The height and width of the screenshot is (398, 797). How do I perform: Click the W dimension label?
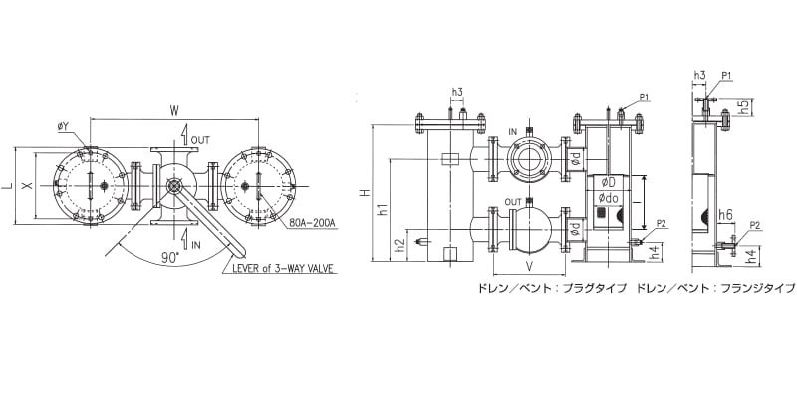(x=174, y=111)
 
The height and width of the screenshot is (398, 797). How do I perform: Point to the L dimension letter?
(x=7, y=186)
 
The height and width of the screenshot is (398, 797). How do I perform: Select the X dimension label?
(x=29, y=186)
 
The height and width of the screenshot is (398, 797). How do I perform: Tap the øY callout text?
(x=63, y=127)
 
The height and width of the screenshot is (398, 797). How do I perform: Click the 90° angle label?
(x=170, y=257)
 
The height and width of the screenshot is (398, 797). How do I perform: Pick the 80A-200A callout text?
(x=311, y=223)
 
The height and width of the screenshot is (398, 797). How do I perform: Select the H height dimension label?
(x=364, y=193)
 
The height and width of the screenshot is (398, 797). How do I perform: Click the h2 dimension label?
(x=401, y=245)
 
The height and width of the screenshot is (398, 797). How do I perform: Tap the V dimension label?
(x=529, y=266)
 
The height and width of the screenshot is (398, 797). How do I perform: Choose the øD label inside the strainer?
(x=609, y=182)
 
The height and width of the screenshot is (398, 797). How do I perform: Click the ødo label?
(x=609, y=198)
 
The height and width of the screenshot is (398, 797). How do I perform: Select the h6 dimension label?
(x=725, y=215)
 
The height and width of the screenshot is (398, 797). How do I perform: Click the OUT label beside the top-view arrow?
(x=200, y=140)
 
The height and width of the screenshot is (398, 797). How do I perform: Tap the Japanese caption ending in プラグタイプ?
(x=551, y=288)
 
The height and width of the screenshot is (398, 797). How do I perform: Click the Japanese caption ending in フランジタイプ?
(x=715, y=288)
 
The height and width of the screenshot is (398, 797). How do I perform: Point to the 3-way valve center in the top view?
(x=173, y=186)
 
